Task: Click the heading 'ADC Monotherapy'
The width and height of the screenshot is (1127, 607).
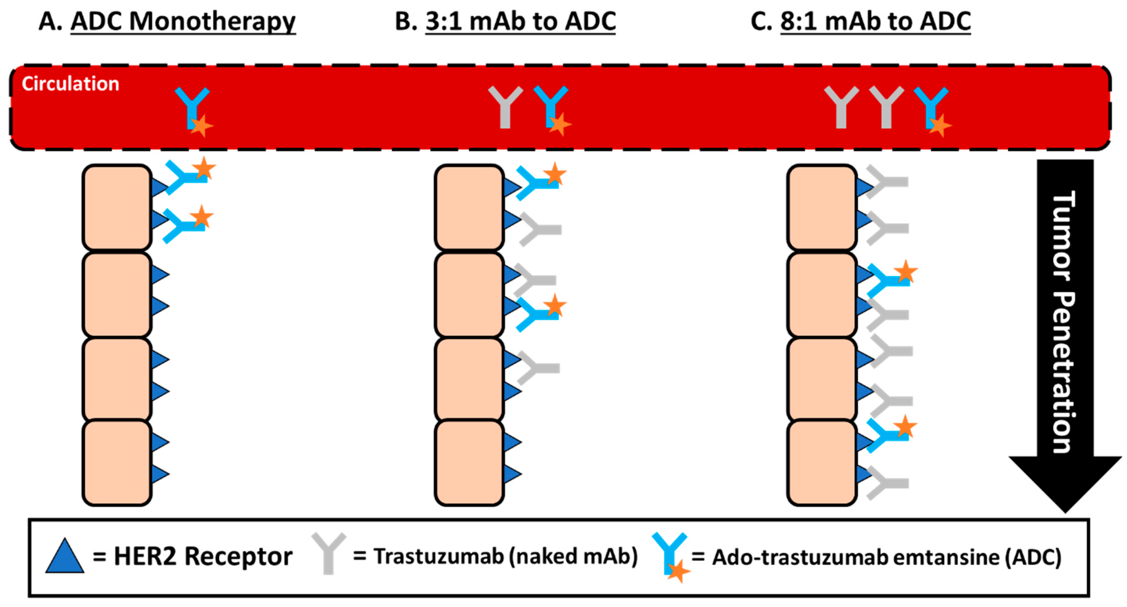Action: [183, 21]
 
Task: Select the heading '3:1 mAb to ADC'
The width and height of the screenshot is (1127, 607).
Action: [520, 21]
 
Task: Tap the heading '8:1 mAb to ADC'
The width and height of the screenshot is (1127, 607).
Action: [875, 21]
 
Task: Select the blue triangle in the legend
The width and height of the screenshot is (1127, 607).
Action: [65, 557]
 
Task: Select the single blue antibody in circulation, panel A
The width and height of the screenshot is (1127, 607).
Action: [192, 108]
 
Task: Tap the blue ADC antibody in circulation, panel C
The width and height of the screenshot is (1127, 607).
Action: [931, 108]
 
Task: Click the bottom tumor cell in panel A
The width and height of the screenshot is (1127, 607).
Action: [117, 463]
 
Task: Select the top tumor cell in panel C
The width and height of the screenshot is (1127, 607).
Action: [821, 207]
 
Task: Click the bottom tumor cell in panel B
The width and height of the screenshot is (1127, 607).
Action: [469, 463]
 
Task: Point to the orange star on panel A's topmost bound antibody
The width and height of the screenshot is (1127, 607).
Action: [204, 169]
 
